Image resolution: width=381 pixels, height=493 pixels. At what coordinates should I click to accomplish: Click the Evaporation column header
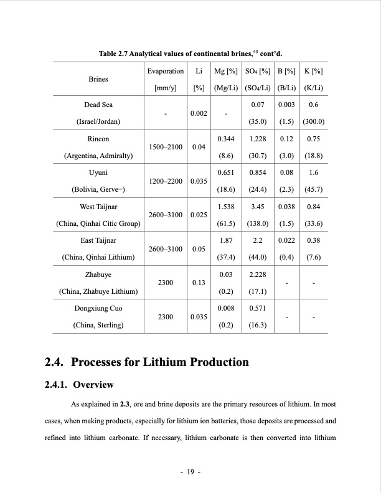tap(166, 72)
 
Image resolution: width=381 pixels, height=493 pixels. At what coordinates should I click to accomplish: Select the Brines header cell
tap(98, 80)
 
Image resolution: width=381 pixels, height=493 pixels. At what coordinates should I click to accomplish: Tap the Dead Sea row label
tap(98, 105)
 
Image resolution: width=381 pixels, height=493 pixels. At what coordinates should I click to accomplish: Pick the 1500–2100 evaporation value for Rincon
tap(166, 147)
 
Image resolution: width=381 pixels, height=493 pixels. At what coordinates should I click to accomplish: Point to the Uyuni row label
tap(98, 172)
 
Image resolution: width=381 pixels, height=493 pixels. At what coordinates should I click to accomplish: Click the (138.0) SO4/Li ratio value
tap(258, 223)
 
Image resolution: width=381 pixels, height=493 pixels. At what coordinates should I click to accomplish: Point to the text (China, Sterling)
tap(98, 325)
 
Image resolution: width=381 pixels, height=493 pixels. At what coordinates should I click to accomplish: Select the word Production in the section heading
tap(212, 362)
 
